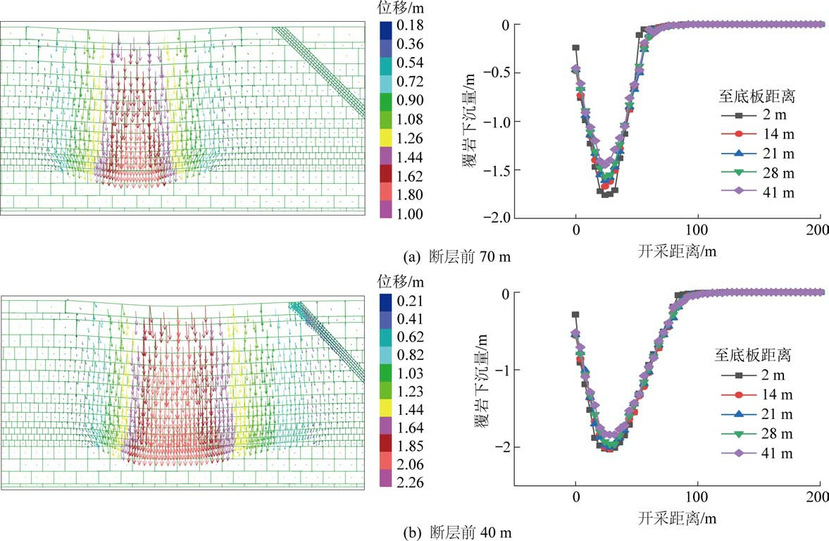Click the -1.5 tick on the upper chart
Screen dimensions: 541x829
point(492,170)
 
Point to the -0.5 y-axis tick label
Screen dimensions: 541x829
point(492,73)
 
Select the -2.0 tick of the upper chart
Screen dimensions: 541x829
point(492,218)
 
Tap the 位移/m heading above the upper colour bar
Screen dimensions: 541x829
point(403,8)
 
